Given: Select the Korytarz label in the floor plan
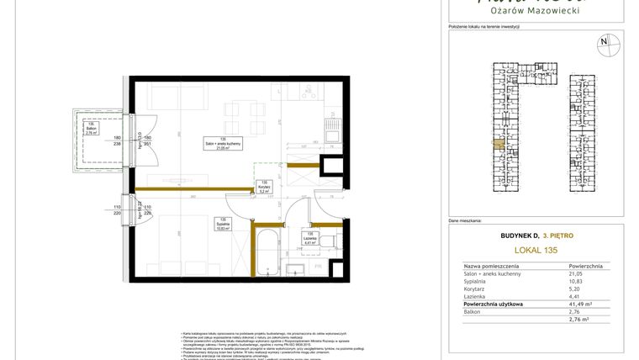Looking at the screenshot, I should pyautogui.click(x=264, y=188).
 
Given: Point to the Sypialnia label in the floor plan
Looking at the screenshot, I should pyautogui.click(x=222, y=225).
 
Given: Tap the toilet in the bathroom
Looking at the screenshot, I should pyautogui.click(x=333, y=242).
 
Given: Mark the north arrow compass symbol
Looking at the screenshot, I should pyautogui.click(x=603, y=42).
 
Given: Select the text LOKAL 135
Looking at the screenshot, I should pyautogui.click(x=533, y=250).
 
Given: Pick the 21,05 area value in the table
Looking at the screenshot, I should pyautogui.click(x=575, y=273).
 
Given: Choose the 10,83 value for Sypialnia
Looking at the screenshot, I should pyautogui.click(x=575, y=283).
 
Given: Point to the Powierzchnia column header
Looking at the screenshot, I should pyautogui.click(x=584, y=264).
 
